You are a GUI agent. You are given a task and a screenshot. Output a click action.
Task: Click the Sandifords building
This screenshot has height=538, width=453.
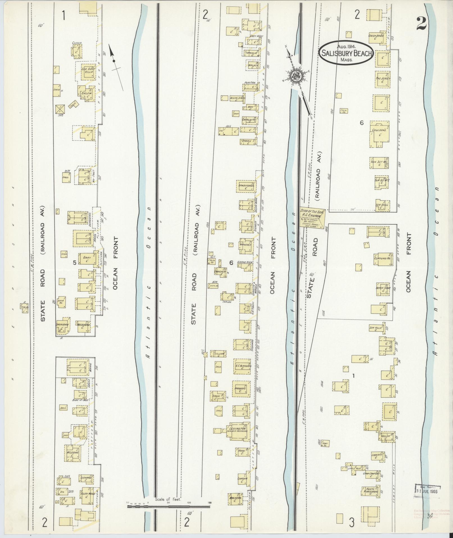tap(246, 186)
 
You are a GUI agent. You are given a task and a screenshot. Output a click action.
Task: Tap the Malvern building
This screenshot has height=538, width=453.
tap(236, 499)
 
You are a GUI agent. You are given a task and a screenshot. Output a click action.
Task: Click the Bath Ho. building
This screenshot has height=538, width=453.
tap(62, 302)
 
